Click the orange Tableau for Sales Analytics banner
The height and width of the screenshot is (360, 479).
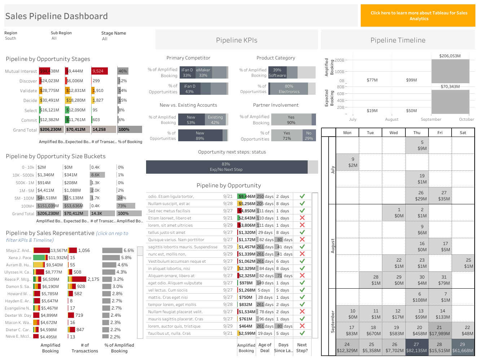(x=418, y=15)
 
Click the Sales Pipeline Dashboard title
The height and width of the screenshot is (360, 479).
(x=56, y=16)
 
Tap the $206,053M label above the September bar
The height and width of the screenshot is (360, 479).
(x=450, y=56)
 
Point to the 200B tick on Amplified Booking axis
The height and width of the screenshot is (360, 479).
(x=339, y=60)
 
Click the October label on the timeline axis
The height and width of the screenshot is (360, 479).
(x=466, y=119)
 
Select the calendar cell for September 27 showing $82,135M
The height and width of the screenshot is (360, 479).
(x=416, y=347)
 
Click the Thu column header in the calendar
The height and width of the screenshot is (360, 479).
(x=417, y=133)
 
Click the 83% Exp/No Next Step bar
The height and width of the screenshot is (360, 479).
(x=227, y=167)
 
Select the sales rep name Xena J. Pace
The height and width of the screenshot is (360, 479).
(x=20, y=258)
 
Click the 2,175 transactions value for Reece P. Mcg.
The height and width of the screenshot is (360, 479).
(x=93, y=279)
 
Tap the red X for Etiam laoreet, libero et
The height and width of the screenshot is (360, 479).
(x=302, y=218)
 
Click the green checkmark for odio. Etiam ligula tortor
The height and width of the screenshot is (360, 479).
(x=302, y=196)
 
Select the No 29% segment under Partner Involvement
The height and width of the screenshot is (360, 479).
(x=309, y=135)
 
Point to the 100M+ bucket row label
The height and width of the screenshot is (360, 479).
(x=27, y=206)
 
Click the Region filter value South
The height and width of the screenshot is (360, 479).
(x=10, y=38)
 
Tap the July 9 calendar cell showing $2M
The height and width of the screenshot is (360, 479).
(x=353, y=162)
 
